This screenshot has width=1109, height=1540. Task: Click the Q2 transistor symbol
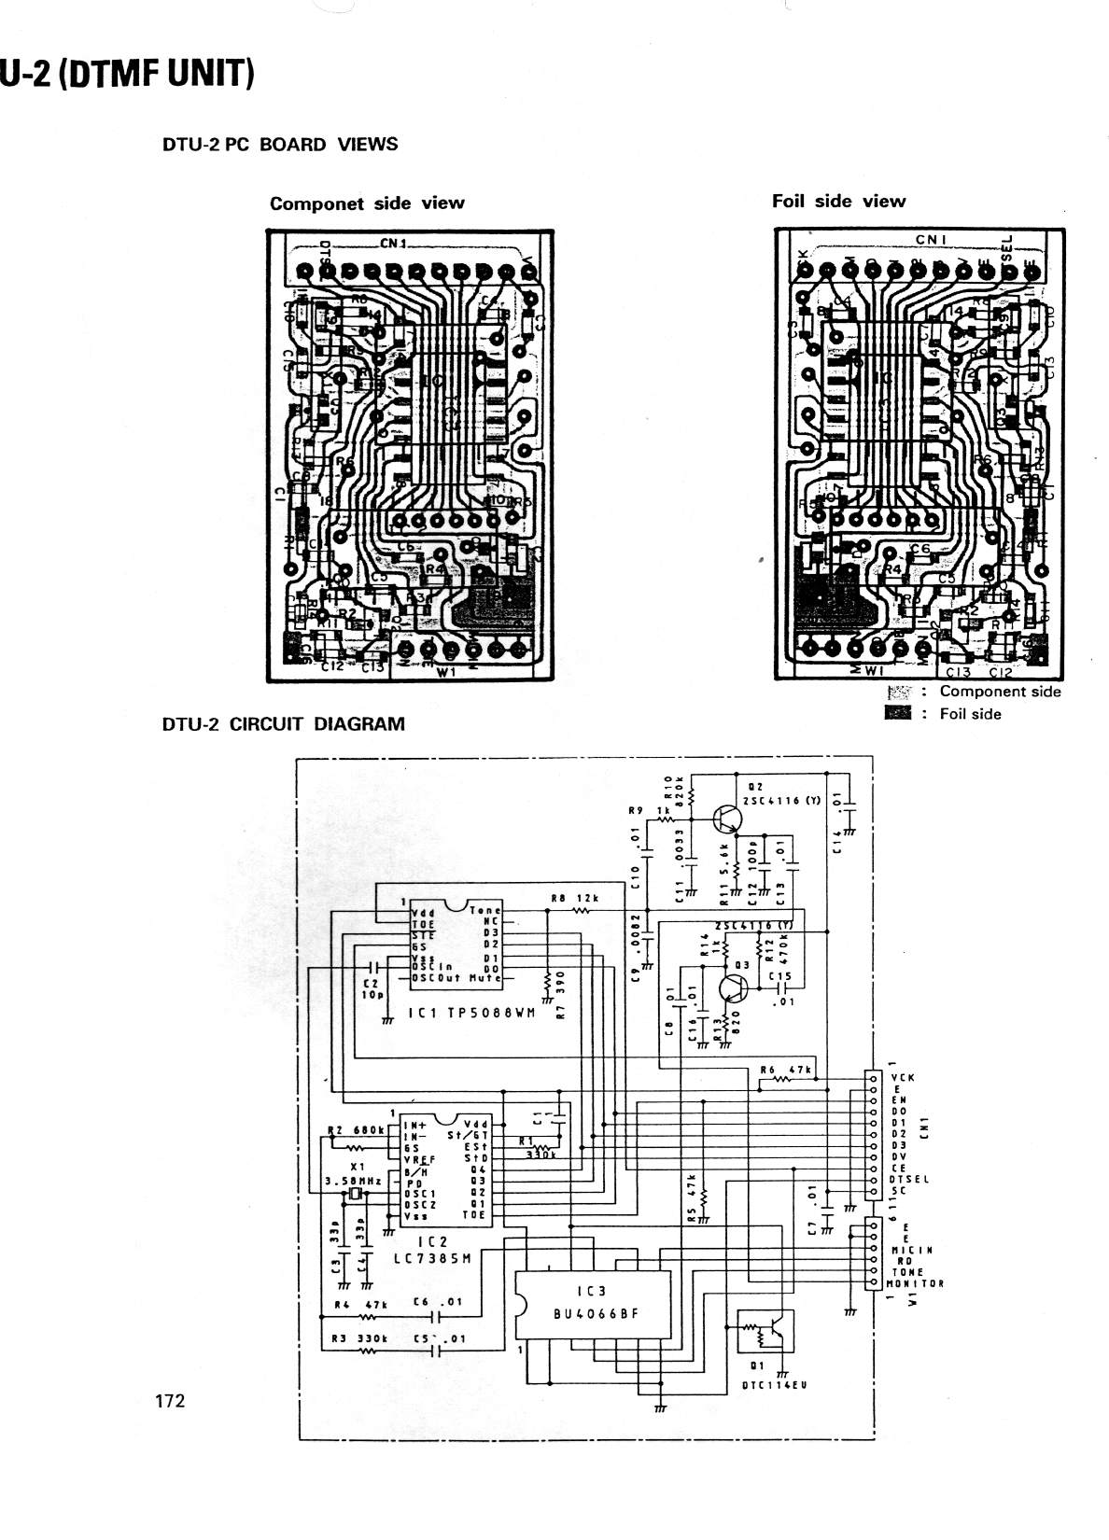[x=726, y=818]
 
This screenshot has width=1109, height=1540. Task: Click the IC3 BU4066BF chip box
[x=592, y=1305]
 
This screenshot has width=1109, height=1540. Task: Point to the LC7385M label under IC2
[x=432, y=1257]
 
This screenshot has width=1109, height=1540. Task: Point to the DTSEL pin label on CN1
[x=909, y=1180]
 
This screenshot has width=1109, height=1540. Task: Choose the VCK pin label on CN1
[x=903, y=1077]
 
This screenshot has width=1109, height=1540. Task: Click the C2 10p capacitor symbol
[x=374, y=967]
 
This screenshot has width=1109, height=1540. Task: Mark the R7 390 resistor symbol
[x=548, y=981]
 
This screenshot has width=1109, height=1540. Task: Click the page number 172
[x=170, y=1400]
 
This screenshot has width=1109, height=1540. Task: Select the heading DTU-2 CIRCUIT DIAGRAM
[x=284, y=723]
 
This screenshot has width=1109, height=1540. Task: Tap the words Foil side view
[x=838, y=201]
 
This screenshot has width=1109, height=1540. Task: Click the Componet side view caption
[x=367, y=203]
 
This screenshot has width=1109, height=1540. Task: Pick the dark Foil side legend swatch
[x=897, y=714]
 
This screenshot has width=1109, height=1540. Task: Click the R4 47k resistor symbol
[x=367, y=1317]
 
